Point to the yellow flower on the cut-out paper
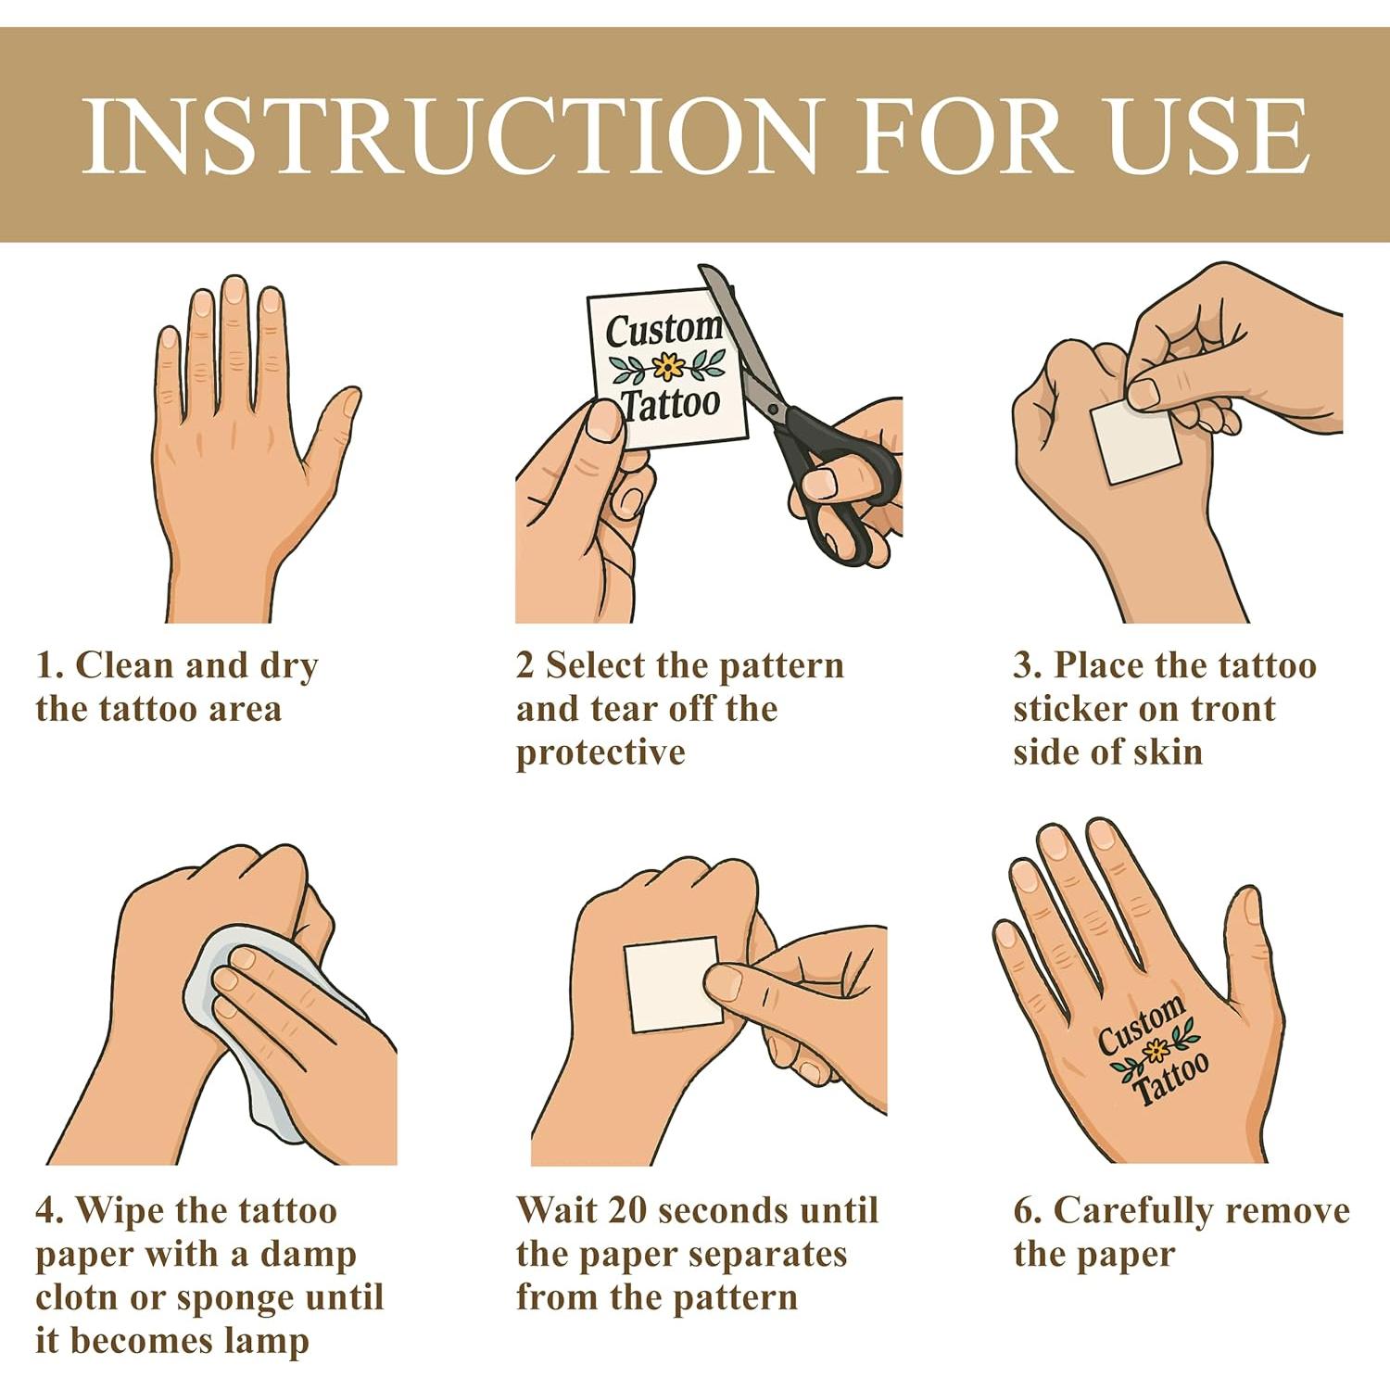[668, 367]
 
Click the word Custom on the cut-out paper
[663, 329]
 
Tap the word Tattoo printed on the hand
[1170, 1079]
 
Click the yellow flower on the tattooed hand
[1155, 1051]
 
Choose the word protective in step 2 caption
[600, 753]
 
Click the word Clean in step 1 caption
[125, 665]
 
